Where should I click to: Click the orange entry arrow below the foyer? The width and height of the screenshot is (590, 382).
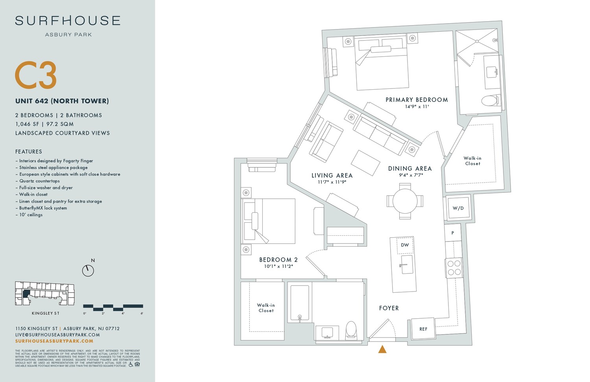(382, 349)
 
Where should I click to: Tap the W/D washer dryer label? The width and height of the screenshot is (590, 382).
(458, 208)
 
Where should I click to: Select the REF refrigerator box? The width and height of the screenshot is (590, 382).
(423, 329)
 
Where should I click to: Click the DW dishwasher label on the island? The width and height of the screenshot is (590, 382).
(405, 245)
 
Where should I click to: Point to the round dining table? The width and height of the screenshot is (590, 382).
(405, 201)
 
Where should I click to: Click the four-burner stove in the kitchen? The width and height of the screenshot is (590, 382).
(454, 268)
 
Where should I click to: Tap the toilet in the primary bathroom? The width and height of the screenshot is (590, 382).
(490, 101)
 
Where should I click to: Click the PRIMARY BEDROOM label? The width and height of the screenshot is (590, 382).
(417, 100)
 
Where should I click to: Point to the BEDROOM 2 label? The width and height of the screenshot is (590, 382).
(278, 260)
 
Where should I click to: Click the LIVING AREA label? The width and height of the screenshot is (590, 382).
(332, 175)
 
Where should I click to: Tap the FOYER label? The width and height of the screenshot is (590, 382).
(389, 308)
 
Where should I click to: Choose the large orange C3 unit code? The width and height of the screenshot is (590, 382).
(36, 75)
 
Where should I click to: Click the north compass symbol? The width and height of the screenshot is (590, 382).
(88, 270)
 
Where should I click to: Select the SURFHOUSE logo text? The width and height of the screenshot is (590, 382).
(68, 21)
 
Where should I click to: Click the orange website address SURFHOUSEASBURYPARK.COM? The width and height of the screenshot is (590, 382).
(54, 341)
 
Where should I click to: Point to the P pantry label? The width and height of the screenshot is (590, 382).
(453, 233)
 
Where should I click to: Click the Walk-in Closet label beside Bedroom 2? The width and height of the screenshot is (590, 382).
(266, 308)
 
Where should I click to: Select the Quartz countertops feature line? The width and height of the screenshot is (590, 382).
(39, 181)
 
